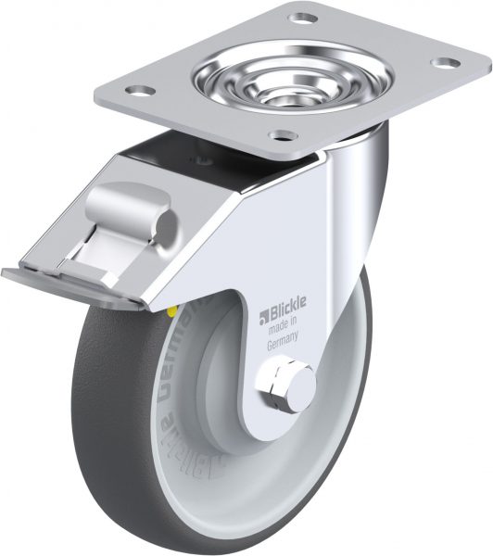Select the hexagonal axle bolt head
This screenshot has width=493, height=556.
point(281,384)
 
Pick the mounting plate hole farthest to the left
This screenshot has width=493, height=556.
point(139,90)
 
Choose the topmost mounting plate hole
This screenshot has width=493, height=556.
point(303,17)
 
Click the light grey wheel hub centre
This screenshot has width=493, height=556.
point(232,389)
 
